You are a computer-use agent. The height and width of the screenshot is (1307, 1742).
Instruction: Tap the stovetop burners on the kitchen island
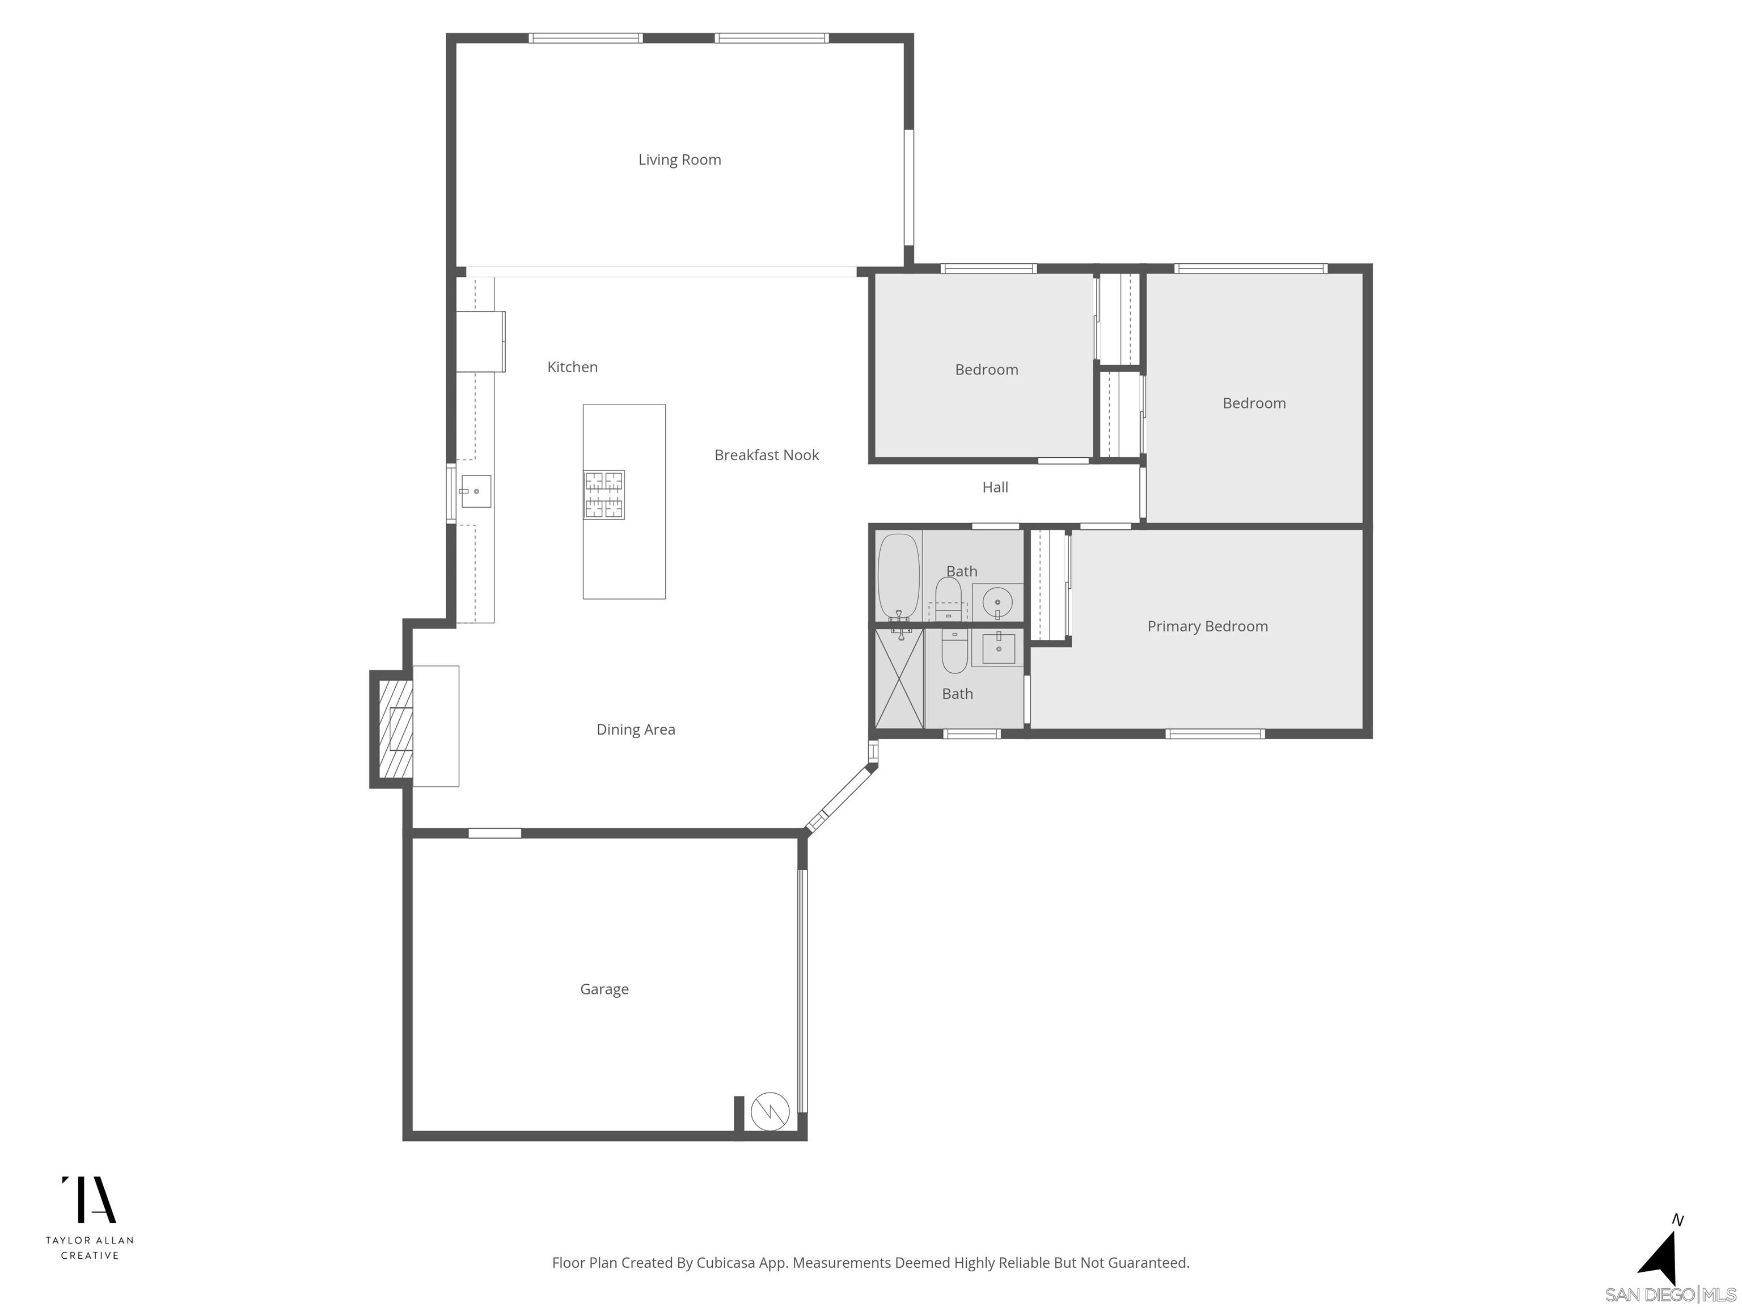tap(603, 495)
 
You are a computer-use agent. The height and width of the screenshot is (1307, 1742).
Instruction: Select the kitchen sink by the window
tap(476, 491)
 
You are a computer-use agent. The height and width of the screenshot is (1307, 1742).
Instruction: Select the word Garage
tap(604, 989)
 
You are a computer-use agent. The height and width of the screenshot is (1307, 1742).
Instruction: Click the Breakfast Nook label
tap(766, 456)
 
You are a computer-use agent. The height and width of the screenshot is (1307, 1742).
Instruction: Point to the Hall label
tap(995, 488)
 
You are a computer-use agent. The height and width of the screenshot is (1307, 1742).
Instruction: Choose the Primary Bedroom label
tap(1207, 626)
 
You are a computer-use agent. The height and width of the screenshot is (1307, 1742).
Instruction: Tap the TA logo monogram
tap(89, 1200)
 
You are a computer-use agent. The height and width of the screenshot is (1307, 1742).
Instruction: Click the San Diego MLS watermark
tap(1669, 1295)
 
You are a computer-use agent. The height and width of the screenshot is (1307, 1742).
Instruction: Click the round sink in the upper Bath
tap(997, 602)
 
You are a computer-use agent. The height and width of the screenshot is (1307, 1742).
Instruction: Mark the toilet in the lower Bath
tap(954, 652)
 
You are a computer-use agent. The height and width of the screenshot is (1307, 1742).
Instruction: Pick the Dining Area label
tap(636, 730)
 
